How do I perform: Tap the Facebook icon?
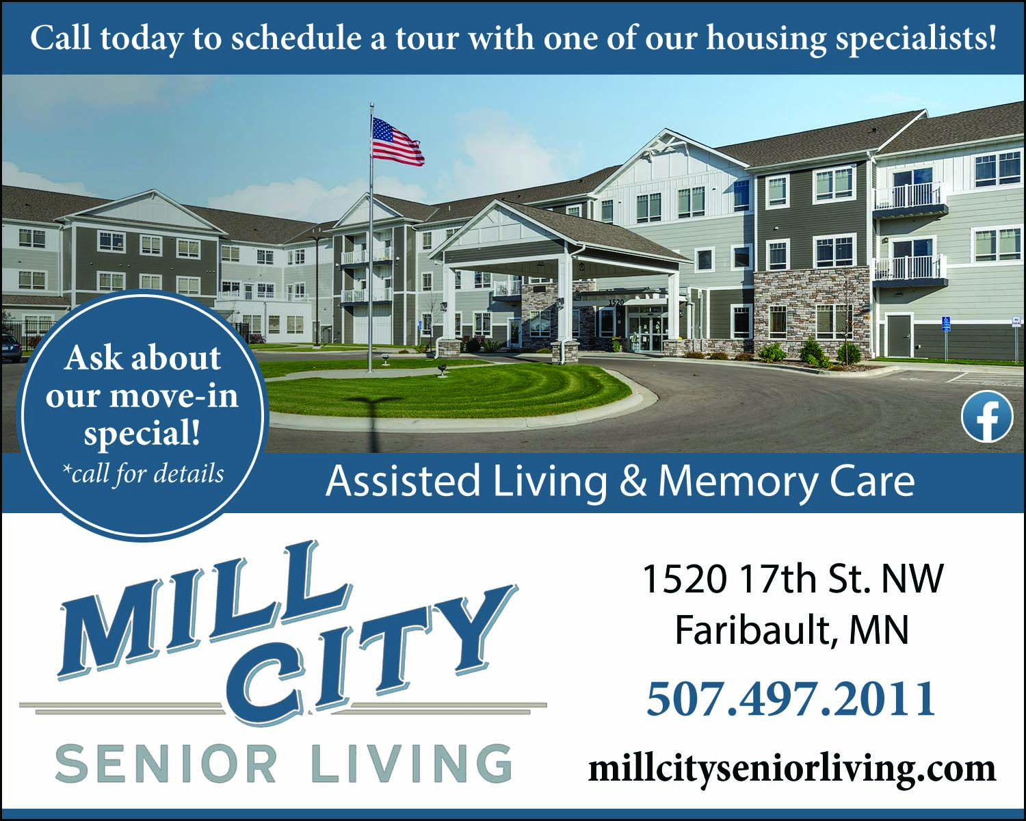[986, 417]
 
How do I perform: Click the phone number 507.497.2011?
[791, 699]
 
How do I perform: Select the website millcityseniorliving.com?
[792, 769]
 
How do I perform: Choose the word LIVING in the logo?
[412, 765]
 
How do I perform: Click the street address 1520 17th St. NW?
[793, 579]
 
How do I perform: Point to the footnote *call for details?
[143, 473]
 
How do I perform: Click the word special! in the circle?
[142, 434]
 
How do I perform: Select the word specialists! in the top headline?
[916, 39]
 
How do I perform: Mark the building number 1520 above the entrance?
[616, 302]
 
